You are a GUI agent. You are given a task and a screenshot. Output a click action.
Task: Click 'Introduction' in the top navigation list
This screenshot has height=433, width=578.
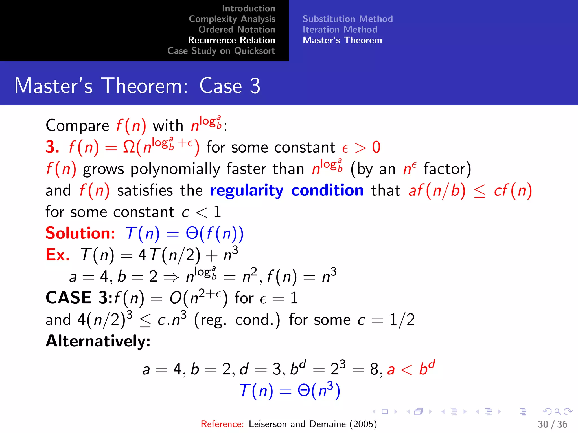[x=248, y=8]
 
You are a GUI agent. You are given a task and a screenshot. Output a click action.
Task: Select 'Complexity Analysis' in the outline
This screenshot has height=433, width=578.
[x=232, y=19]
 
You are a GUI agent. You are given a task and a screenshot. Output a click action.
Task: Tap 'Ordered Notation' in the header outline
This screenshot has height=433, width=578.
[x=237, y=30]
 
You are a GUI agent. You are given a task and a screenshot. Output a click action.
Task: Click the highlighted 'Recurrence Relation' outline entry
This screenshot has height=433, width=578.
[x=231, y=40]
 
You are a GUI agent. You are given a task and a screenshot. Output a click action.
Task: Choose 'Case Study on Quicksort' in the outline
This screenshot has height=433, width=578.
[x=221, y=51]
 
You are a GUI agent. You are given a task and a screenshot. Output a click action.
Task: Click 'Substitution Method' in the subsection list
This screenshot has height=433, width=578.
[x=347, y=19]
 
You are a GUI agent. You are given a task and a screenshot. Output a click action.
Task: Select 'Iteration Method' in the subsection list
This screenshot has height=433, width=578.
[x=340, y=30]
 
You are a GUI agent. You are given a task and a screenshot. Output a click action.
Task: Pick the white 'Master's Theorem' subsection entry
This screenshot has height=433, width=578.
[x=342, y=40]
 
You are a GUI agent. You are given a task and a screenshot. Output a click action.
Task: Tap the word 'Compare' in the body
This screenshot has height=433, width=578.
[x=77, y=126]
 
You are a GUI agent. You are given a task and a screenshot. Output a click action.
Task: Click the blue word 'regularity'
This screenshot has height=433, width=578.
[x=246, y=191]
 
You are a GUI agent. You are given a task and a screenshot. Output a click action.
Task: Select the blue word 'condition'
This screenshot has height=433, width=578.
[x=327, y=190]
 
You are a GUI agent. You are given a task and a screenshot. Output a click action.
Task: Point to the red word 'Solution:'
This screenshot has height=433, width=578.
[x=80, y=233]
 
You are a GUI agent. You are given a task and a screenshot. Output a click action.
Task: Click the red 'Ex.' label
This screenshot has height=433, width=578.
[x=58, y=255]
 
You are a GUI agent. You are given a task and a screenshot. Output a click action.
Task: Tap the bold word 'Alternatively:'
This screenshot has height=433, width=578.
[x=98, y=341]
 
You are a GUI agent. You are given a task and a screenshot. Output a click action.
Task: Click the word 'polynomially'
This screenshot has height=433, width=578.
[x=175, y=169]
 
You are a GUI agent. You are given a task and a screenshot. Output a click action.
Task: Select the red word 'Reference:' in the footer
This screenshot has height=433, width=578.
[x=222, y=424]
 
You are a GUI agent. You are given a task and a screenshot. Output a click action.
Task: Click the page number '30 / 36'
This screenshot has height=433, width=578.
[x=552, y=424]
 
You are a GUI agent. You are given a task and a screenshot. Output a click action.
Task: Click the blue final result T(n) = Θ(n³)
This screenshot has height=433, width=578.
[x=290, y=391]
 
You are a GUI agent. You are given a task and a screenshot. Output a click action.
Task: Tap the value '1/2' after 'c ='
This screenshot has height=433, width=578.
[x=402, y=320]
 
